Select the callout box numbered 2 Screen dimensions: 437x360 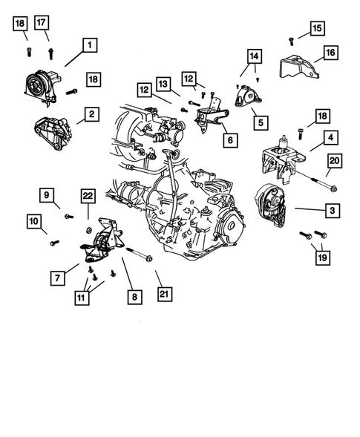click(90, 114)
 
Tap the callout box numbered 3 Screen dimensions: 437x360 click(333, 211)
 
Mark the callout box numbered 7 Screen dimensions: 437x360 click(56, 277)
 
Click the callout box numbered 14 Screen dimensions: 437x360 click(255, 56)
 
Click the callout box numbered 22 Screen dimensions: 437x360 click(88, 195)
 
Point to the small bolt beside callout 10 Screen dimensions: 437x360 click(54, 241)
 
